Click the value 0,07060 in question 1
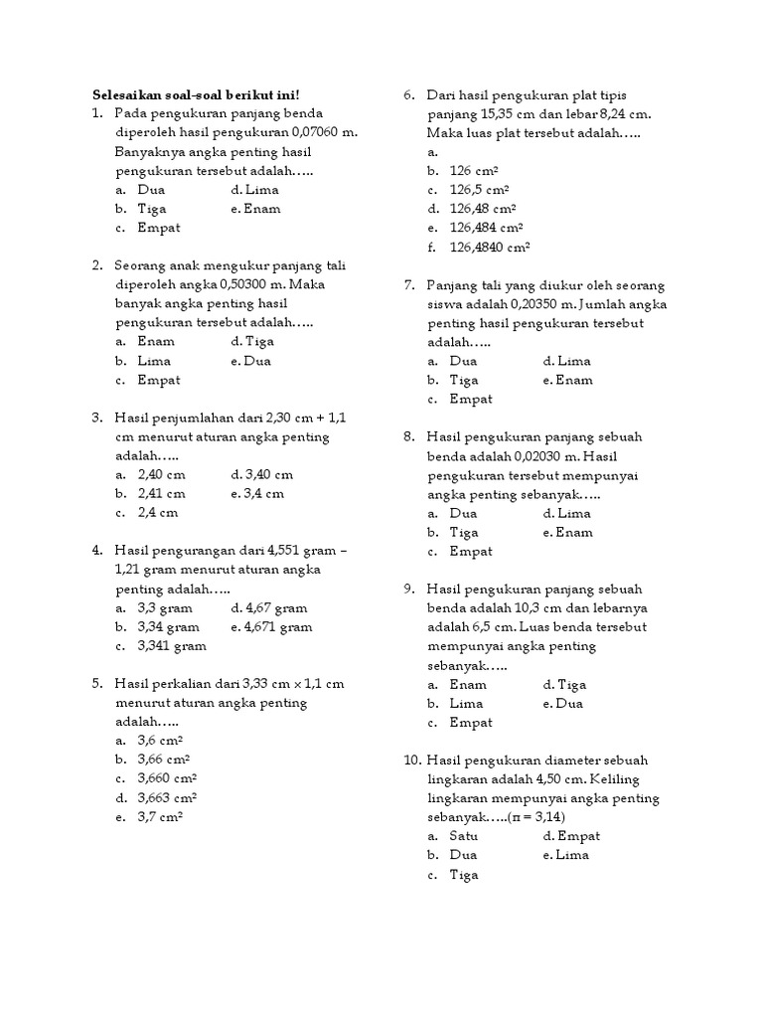click(x=316, y=132)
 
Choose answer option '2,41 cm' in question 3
click(x=162, y=493)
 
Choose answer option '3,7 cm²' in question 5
click(x=160, y=816)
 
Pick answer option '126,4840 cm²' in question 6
click(x=490, y=247)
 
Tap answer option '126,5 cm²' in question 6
click(x=479, y=189)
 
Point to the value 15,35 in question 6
click(x=492, y=113)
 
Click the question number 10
click(x=413, y=761)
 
